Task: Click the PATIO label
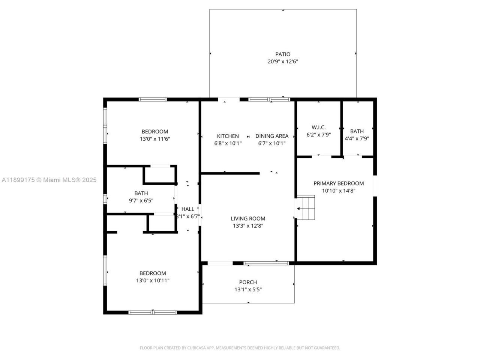tap(283, 54)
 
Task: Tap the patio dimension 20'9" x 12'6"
tap(283, 61)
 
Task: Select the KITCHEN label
tap(228, 136)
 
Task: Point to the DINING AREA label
tap(272, 136)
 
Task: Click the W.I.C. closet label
tap(318, 127)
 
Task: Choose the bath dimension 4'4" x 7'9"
tap(357, 138)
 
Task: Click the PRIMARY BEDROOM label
tap(339, 183)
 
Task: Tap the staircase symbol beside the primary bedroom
tap(306, 207)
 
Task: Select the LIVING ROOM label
tap(248, 219)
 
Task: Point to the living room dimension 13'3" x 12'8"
tap(248, 226)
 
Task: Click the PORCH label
tap(248, 282)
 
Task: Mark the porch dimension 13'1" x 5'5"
tap(248, 289)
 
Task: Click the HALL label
tap(188, 209)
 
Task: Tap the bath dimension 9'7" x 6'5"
tap(141, 201)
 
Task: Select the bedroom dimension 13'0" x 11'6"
tap(155, 139)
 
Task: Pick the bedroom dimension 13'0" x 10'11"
tap(153, 280)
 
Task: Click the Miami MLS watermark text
tap(49, 180)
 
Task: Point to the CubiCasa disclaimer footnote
tap(240, 348)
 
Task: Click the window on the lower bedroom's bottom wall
tap(153, 312)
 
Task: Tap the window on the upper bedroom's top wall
tap(153, 99)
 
